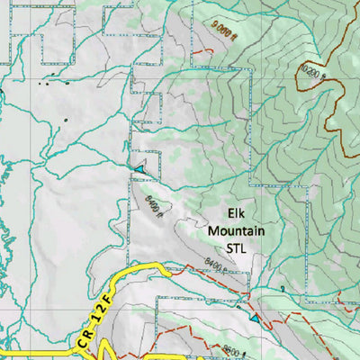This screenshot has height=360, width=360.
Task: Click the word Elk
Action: (x=237, y=214)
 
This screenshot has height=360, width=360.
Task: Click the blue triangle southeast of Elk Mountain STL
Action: (x=255, y=319)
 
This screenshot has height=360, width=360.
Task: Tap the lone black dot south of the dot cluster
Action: (x=65, y=118)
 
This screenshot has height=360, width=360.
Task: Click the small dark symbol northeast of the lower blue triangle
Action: (x=282, y=288)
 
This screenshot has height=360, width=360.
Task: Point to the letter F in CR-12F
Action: (x=107, y=292)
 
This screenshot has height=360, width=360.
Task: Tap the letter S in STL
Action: (x=227, y=246)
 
